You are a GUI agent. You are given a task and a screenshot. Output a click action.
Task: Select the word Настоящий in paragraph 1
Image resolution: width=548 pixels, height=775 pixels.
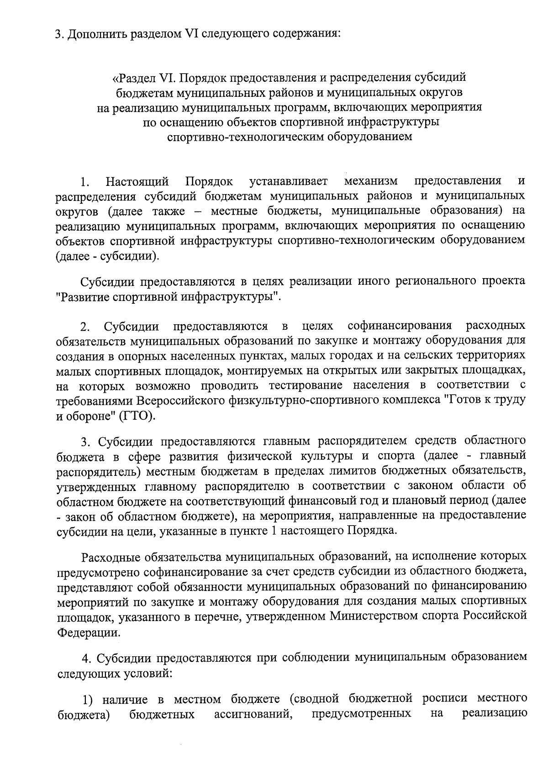[137, 182]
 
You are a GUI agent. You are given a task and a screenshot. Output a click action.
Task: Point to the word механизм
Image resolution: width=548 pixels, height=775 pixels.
[371, 182]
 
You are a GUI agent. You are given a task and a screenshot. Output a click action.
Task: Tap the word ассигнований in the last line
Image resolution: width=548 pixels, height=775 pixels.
[253, 714]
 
